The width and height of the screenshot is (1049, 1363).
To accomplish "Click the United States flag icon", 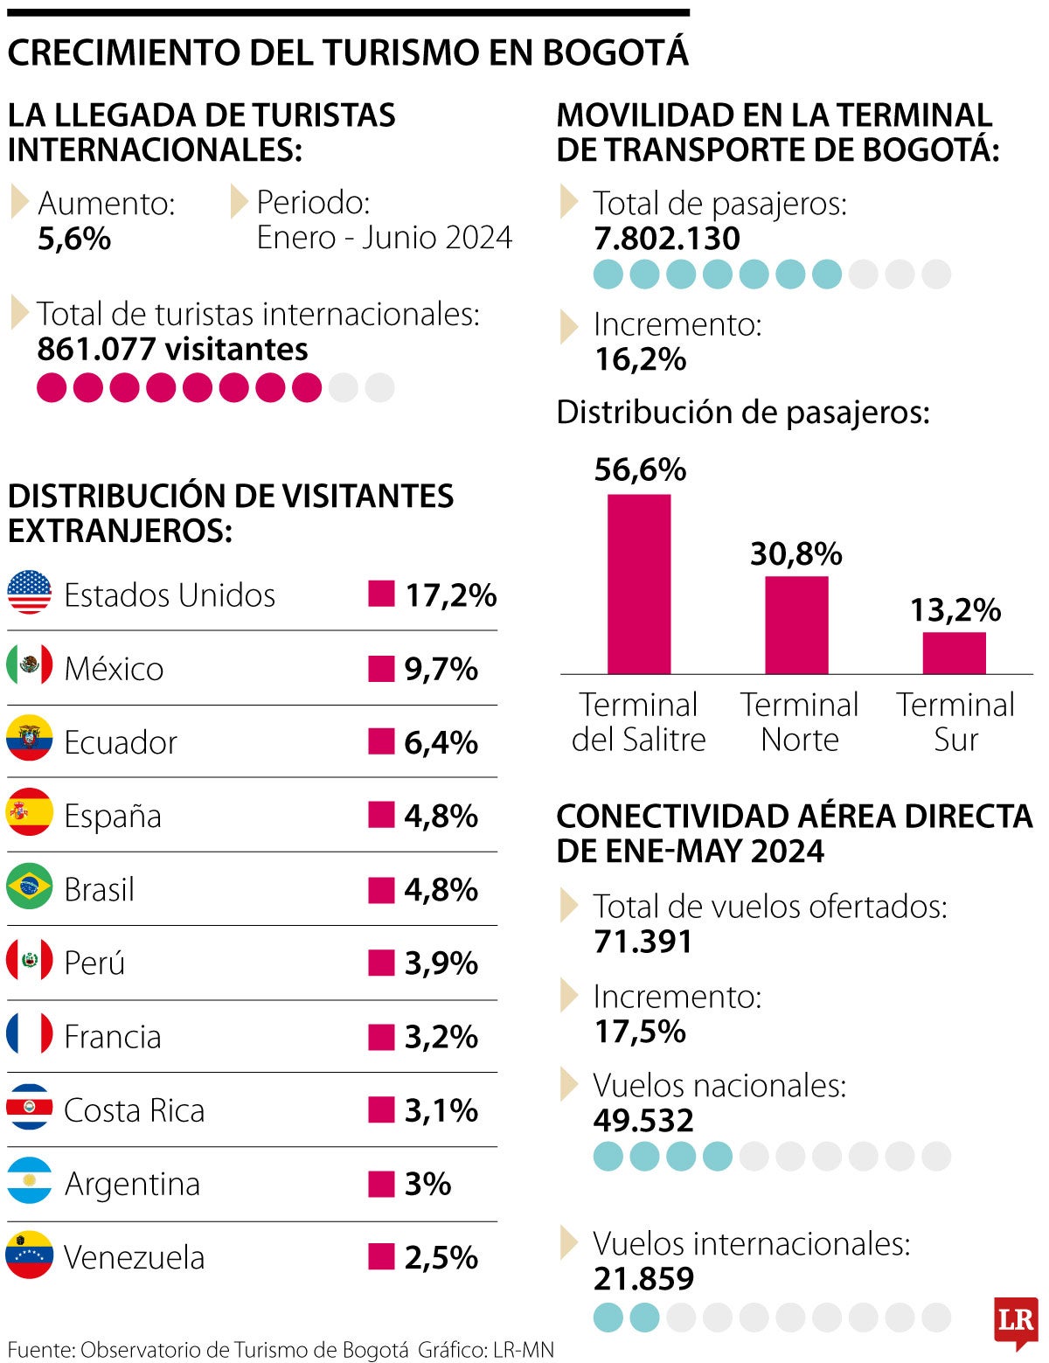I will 30,593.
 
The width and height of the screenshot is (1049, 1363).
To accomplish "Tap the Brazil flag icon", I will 30,887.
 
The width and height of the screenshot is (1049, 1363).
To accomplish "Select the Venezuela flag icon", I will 30,1255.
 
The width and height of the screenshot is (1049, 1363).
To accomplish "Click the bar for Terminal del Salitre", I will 639,584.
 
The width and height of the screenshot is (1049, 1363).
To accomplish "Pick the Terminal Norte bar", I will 796,625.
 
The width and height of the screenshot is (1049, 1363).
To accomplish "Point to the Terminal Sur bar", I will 954,653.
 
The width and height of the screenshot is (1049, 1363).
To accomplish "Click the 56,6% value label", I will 640,470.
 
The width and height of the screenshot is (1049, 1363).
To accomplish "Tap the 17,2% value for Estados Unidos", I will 450,595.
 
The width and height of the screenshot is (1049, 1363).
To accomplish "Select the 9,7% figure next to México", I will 441,669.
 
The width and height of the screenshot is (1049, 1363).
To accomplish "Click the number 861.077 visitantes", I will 172,350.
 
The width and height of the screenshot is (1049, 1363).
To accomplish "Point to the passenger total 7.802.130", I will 666,239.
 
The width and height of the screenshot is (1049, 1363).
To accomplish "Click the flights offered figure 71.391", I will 643,942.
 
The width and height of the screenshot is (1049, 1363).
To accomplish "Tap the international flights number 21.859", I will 643,1278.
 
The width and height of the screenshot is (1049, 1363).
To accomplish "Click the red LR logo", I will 1016,1321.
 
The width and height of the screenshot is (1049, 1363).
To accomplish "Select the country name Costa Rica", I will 134,1110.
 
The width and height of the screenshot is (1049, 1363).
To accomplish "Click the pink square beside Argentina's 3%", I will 381,1184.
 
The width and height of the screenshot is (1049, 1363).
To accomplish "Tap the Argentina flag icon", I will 30,1182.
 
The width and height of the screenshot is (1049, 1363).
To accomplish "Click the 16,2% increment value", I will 640,359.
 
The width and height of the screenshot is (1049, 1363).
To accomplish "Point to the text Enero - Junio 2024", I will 384,238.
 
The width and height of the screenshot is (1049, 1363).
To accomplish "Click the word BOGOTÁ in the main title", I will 615,52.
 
